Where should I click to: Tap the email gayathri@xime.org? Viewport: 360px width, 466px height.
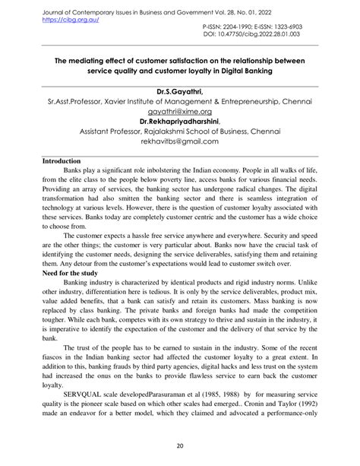pos(180,110)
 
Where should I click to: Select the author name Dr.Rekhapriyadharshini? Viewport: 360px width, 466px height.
pos(179,120)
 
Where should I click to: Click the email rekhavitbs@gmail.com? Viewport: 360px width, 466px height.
pos(180,141)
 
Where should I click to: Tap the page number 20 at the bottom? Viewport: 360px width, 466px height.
pos(180,446)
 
